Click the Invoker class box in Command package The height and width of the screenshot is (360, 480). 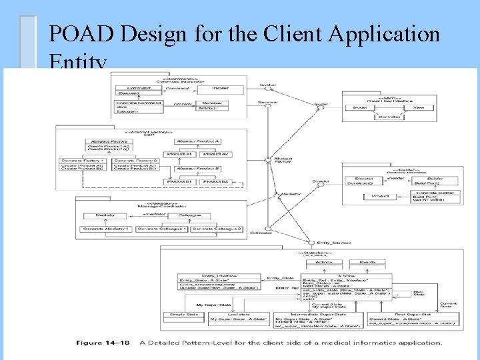220,88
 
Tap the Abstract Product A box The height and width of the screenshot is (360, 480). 199,141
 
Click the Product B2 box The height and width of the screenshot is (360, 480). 216,181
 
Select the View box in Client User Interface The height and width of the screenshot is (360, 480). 418,107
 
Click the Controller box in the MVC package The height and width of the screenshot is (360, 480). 389,117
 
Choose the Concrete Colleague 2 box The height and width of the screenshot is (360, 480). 217,229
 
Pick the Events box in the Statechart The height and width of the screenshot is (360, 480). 367,262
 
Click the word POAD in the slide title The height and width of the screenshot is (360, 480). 73,33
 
